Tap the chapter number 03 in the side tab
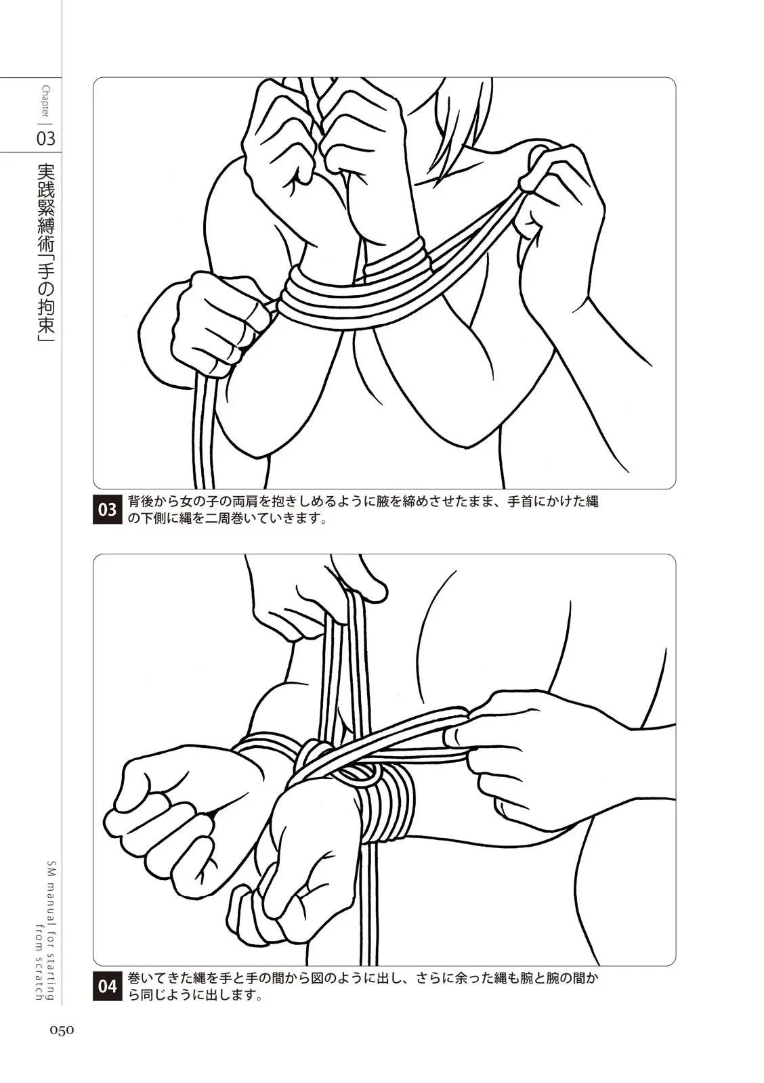[46, 139]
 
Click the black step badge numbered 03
[107, 510]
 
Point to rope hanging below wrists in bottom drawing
[368, 909]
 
